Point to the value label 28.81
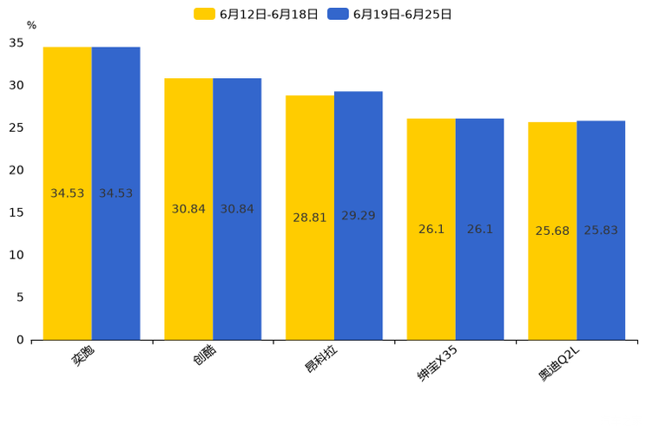tap(310, 218)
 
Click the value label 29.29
tap(358, 216)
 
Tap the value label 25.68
tap(552, 231)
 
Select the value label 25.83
tap(601, 231)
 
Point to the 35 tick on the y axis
tap(16, 42)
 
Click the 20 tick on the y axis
tap(16, 170)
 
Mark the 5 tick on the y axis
tap(20, 297)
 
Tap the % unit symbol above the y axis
tap(31, 25)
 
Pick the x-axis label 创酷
tap(205, 355)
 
